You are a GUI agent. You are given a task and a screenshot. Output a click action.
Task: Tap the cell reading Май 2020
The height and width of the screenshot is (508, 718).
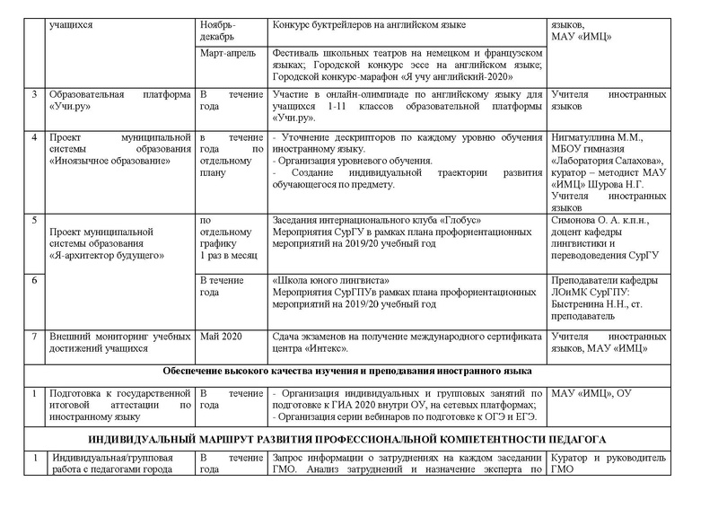click(219, 334)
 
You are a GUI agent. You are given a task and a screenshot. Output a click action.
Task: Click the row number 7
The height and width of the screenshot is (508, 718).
click(34, 334)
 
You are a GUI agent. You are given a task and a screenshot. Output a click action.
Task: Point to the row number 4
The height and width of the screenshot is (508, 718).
click(34, 137)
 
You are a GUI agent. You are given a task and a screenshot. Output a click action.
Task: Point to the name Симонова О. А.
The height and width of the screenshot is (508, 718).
click(583, 221)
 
